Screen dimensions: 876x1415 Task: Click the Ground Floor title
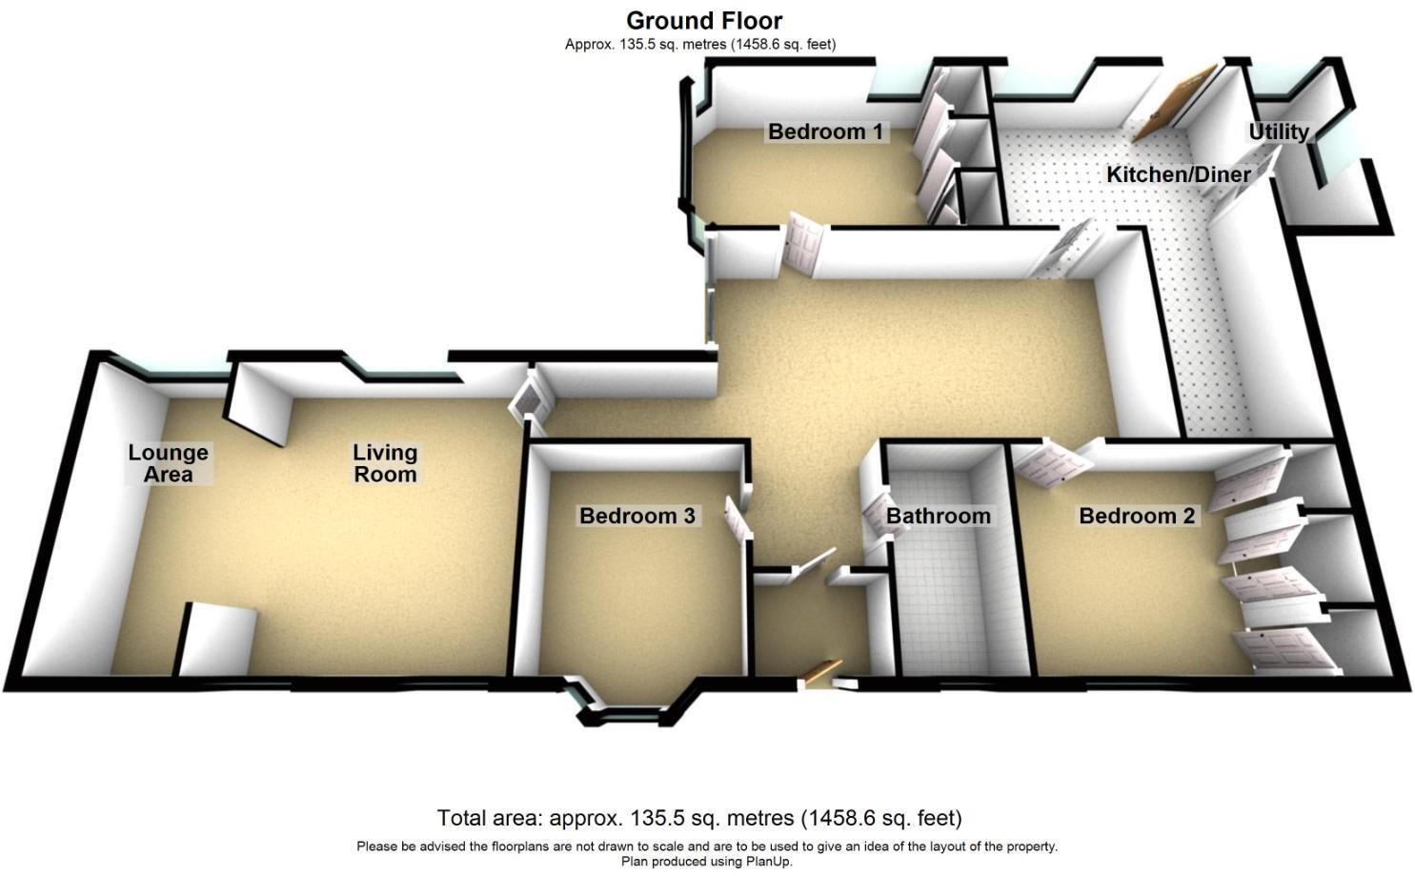pos(703,20)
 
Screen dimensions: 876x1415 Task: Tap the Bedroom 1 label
pos(825,132)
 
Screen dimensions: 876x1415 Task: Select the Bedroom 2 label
pos(1136,516)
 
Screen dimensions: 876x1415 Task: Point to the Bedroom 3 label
pos(637,516)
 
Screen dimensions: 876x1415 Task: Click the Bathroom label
pos(938,516)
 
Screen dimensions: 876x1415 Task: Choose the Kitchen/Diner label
pos(1178,174)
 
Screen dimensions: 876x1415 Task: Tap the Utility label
pos(1278,132)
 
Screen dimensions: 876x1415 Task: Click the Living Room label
pos(385,463)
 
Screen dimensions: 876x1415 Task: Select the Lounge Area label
pos(168,463)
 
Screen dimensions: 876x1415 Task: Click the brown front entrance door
pos(821,671)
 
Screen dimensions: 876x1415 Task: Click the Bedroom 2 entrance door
pos(1052,464)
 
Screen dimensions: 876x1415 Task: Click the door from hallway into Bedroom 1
pos(802,244)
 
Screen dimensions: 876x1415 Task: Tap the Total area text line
pos(698,818)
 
